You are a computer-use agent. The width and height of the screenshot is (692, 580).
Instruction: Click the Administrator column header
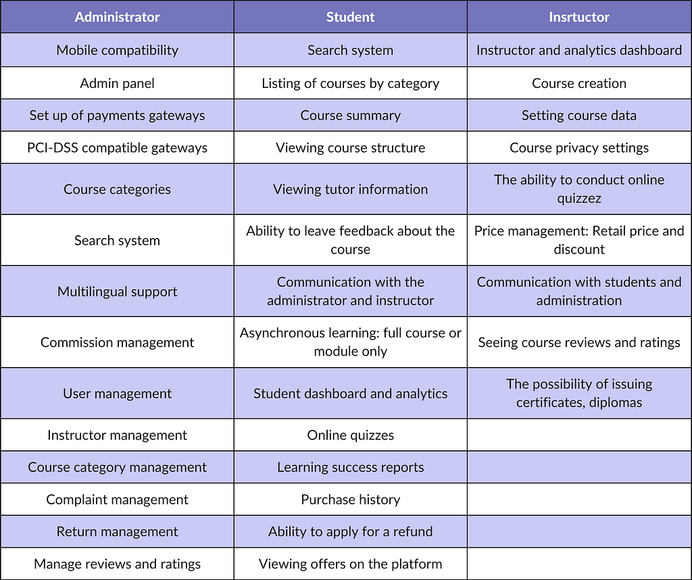tap(117, 17)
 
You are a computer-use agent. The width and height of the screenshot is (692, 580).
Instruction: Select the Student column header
tap(351, 17)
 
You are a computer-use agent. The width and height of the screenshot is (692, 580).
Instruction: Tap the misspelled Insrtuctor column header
tap(579, 17)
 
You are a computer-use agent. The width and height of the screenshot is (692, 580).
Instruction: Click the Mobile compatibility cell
tap(117, 50)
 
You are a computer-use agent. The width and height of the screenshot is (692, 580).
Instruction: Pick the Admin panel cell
tap(117, 83)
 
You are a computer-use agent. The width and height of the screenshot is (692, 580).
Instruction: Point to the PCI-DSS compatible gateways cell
tap(117, 147)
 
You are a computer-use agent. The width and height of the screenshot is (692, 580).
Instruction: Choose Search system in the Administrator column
tap(117, 241)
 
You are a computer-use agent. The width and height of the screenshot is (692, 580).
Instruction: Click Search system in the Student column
tap(351, 50)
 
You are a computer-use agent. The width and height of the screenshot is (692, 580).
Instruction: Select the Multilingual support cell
tap(117, 292)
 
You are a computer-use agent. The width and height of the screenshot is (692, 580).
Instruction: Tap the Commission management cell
tap(117, 343)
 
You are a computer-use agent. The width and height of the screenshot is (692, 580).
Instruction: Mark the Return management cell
tap(117, 531)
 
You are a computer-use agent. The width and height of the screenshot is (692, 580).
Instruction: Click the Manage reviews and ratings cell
tap(117, 564)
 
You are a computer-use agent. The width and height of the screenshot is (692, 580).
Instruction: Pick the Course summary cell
tap(351, 116)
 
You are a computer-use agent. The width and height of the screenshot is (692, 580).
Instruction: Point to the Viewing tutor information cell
tap(351, 189)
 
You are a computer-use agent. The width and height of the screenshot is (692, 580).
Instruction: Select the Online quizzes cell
tap(351, 435)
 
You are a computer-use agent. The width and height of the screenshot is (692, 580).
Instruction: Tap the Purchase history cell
tap(351, 500)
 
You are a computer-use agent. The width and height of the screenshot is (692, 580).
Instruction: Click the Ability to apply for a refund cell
tap(351, 531)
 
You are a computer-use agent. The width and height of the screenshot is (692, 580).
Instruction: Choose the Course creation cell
tap(579, 83)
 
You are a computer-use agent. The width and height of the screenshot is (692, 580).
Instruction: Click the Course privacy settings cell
tap(579, 147)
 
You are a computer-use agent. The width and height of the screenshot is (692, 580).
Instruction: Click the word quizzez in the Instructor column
tap(579, 199)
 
